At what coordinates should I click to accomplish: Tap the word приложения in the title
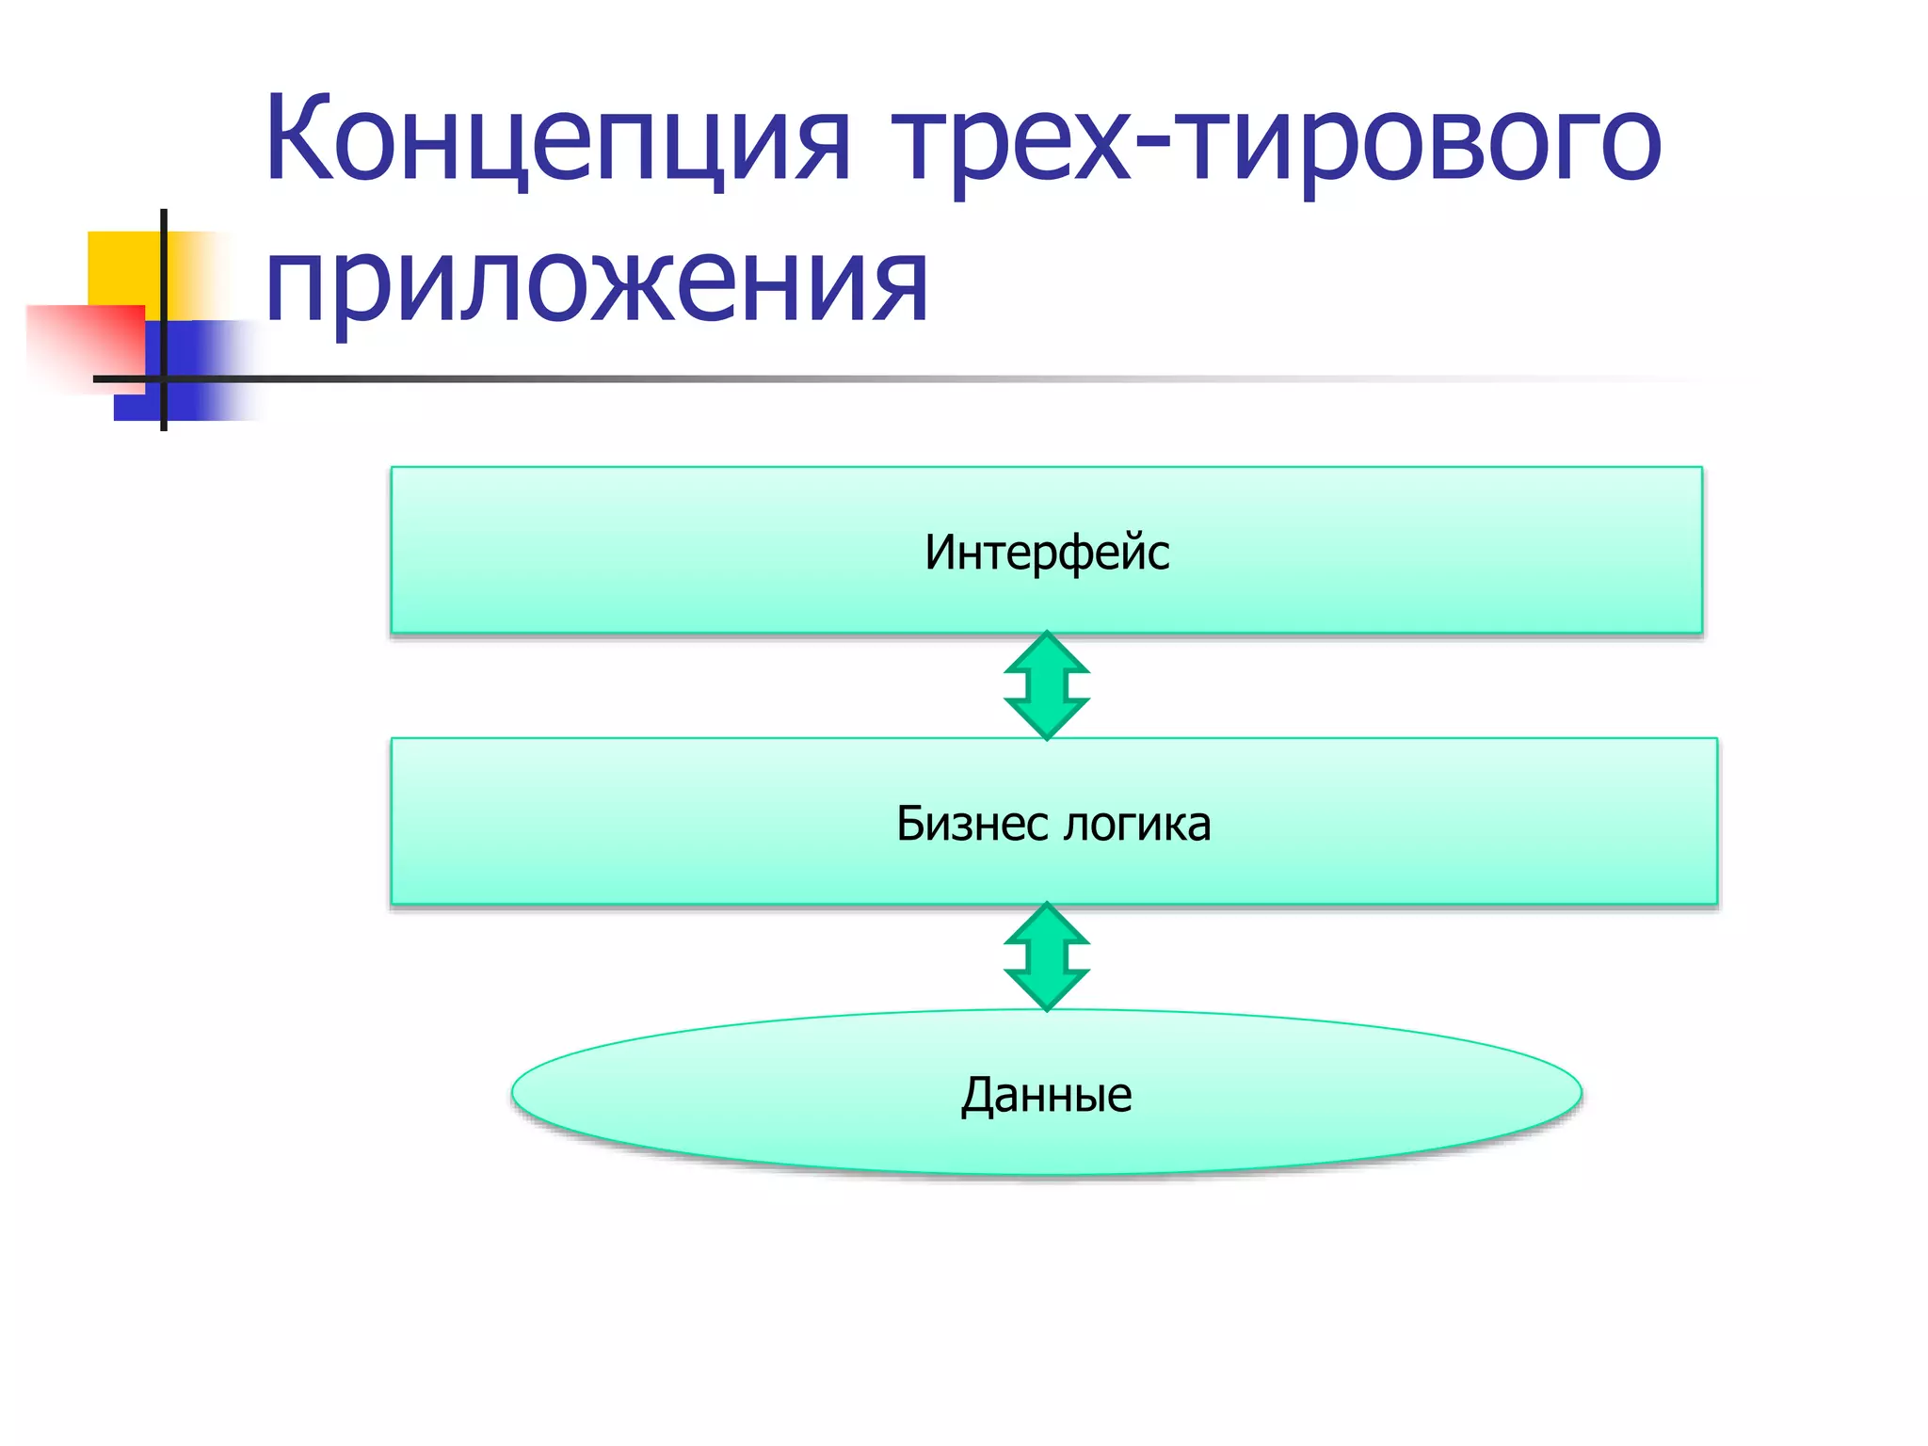(x=597, y=282)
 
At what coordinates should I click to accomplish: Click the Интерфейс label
(x=1046, y=553)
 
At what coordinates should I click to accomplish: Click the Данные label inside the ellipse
(x=1046, y=1095)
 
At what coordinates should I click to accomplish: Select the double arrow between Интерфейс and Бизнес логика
(x=1046, y=685)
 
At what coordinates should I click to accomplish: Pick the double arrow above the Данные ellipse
(x=1046, y=956)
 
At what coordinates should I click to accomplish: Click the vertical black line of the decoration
(x=164, y=282)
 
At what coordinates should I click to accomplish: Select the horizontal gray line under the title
(x=847, y=379)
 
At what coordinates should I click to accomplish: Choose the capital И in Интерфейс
(x=942, y=552)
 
